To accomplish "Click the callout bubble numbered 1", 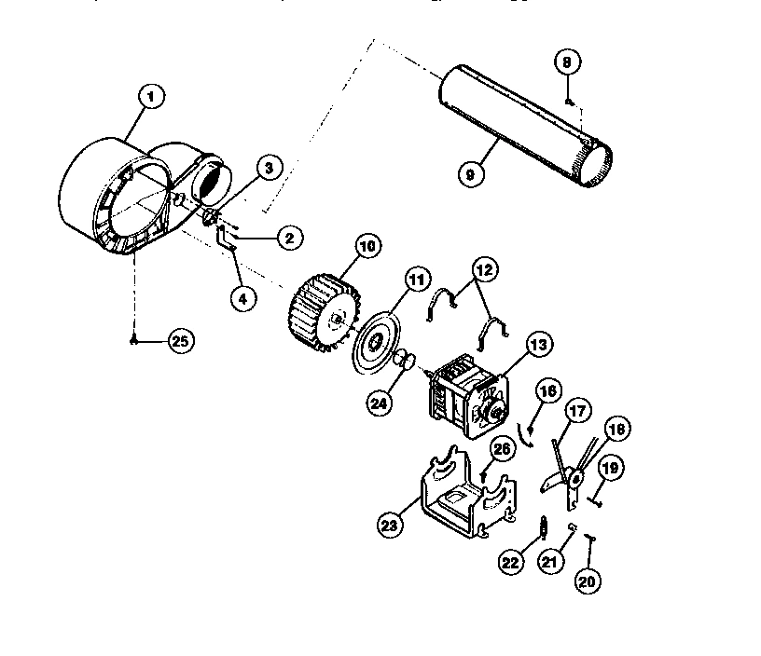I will [x=150, y=94].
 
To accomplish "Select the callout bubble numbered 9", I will [x=472, y=172].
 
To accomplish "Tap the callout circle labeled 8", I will [x=568, y=63].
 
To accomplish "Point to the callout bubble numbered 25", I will [x=180, y=341].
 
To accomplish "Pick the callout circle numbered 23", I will [x=390, y=525].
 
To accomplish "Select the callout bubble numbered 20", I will [x=588, y=581].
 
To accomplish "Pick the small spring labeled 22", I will [x=540, y=533].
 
